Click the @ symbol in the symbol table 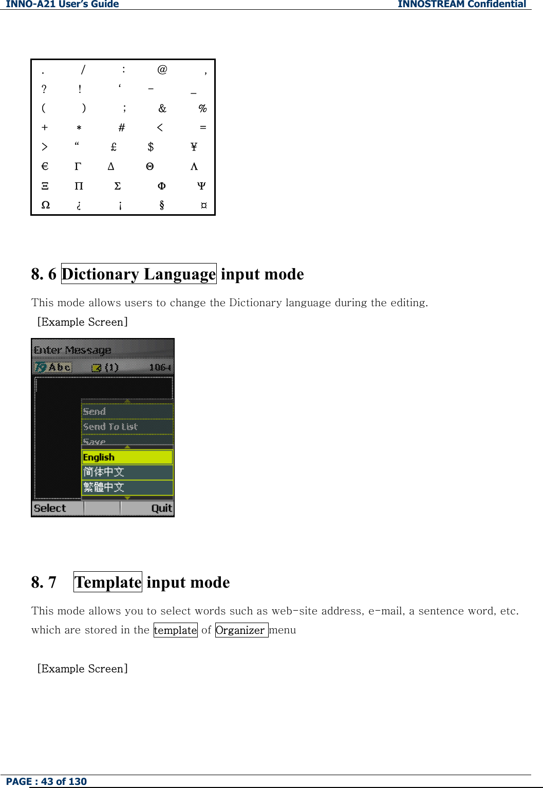pos(162,69)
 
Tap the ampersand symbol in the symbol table pos(162,108)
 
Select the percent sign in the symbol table pos(202,108)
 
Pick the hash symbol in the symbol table pos(122,127)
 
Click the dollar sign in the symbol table pos(151,147)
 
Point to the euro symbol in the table pos(45,166)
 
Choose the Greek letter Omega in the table pos(46,205)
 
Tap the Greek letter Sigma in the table pos(118,186)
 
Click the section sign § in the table pos(162,205)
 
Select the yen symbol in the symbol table pos(194,147)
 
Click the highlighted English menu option pos(127,457)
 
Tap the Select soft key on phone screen pos(50,508)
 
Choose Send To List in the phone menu pos(110,427)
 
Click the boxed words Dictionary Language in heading pos(139,274)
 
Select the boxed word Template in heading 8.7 pos(108,582)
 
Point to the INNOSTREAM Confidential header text pos(461,4)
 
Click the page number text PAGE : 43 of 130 pos(47,781)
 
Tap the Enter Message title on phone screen pos(72,350)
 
